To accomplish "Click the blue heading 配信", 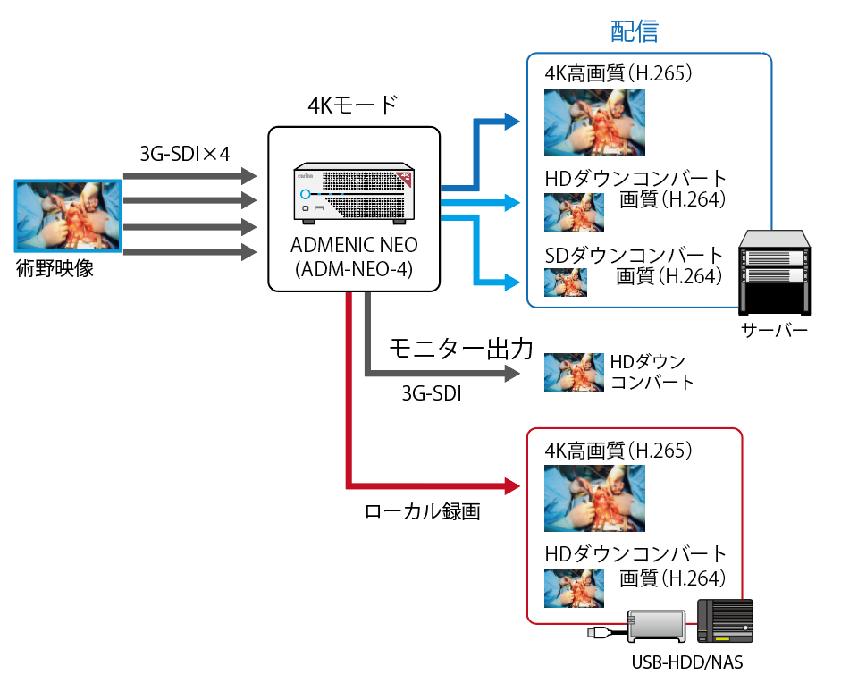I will pyautogui.click(x=635, y=32).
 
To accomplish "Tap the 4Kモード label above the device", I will pyautogui.click(x=352, y=105).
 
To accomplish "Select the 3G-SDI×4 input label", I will pyautogui.click(x=185, y=154).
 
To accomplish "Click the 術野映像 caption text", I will pyautogui.click(x=55, y=268).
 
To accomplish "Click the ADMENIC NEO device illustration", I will pyautogui.click(x=354, y=194).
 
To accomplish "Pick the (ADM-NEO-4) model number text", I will pyautogui.click(x=354, y=266).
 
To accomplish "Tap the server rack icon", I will pyautogui.click(x=773, y=273).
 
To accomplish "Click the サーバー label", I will pyautogui.click(x=774, y=332).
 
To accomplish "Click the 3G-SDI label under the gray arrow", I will pyautogui.click(x=432, y=392).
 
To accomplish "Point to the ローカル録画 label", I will pyautogui.click(x=423, y=512).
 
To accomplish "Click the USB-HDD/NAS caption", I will pyautogui.click(x=687, y=662).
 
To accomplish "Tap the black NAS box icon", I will pyautogui.click(x=725, y=621).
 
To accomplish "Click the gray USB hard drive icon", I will pyautogui.click(x=657, y=627).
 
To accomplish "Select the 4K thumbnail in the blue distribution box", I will pyautogui.click(x=594, y=122).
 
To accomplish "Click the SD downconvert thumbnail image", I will pyautogui.click(x=566, y=282).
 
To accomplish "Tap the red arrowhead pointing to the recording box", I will pyautogui.click(x=511, y=487).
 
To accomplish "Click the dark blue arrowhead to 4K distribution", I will pyautogui.click(x=511, y=121).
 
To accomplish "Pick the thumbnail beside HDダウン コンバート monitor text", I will pyautogui.click(x=573, y=372).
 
